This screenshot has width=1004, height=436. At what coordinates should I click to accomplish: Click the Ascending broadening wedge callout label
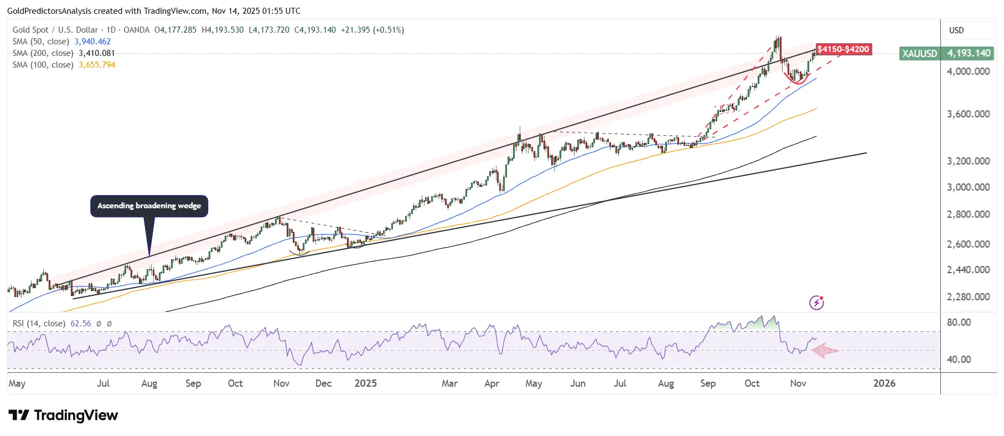pos(149,206)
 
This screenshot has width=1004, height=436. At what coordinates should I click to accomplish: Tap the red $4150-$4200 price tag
pos(843,49)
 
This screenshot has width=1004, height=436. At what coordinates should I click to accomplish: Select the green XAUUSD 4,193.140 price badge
pos(946,53)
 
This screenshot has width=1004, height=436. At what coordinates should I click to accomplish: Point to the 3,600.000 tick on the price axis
pos(968,114)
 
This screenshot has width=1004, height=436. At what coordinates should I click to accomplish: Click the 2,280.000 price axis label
pos(968,297)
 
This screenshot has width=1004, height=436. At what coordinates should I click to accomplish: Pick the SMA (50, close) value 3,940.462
pos(92,42)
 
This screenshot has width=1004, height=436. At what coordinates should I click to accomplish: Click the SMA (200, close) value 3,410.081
pos(96,53)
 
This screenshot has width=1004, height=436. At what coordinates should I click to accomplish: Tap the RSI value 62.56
pos(80,324)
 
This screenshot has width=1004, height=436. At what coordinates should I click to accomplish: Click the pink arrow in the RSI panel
pos(825,350)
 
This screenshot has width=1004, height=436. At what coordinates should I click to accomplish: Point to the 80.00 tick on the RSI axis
pos(959,322)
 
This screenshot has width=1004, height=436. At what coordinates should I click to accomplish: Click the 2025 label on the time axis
pos(365,383)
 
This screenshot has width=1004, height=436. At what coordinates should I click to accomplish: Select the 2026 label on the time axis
pos(884,383)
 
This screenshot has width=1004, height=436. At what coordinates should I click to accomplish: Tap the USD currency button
pos(956,30)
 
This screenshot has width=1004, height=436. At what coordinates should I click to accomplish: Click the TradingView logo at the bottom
pos(63,416)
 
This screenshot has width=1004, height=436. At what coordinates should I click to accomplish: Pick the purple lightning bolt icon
pos(816,302)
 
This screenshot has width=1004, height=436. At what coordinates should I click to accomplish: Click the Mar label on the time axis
pos(449,383)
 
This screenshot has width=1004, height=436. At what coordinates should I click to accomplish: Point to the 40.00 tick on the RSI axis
pos(959,360)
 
